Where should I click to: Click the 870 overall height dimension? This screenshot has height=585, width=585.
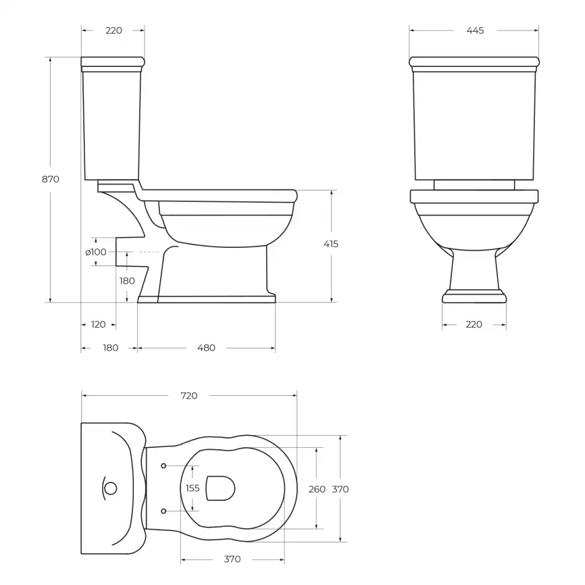click(51, 179)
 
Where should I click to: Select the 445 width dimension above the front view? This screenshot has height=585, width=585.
click(474, 30)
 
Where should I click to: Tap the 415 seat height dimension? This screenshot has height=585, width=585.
click(331, 244)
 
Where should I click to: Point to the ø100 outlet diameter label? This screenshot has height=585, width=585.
click(95, 252)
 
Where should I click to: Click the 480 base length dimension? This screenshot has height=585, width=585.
click(206, 348)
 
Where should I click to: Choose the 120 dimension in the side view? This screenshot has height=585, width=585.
click(98, 324)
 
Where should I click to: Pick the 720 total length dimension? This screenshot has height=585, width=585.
click(189, 395)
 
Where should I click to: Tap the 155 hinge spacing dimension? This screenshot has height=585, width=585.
click(193, 488)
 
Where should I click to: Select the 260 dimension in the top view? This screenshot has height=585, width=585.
click(316, 488)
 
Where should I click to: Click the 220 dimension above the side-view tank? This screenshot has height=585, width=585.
click(113, 30)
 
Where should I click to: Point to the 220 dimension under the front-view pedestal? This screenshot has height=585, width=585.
click(474, 324)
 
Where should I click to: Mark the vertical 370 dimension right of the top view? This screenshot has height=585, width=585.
click(340, 488)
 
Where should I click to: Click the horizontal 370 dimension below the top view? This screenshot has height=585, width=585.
click(232, 559)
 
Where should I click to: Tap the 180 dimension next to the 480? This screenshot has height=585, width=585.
click(110, 348)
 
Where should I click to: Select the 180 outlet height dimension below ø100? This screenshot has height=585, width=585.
click(127, 280)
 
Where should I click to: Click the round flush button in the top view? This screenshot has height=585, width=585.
click(111, 488)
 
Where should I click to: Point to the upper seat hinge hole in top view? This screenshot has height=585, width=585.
click(164, 465)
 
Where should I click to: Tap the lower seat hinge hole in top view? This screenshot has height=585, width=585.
click(164, 511)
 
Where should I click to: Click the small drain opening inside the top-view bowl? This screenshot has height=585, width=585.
click(220, 488)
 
